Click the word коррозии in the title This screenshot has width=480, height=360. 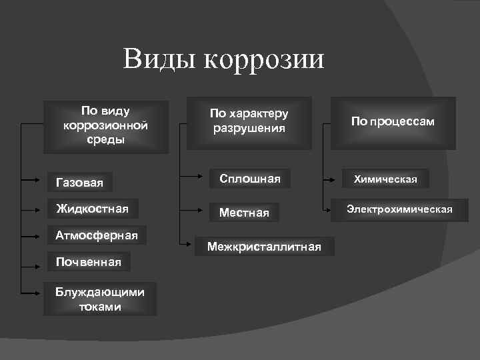click(263, 60)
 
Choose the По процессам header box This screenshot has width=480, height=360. click(393, 121)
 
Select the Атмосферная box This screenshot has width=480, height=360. click(97, 235)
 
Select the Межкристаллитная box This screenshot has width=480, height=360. click(264, 247)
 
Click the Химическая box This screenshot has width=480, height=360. click(386, 179)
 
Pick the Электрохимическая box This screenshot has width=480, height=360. click(399, 209)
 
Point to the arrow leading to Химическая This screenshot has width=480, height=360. click(333, 179)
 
